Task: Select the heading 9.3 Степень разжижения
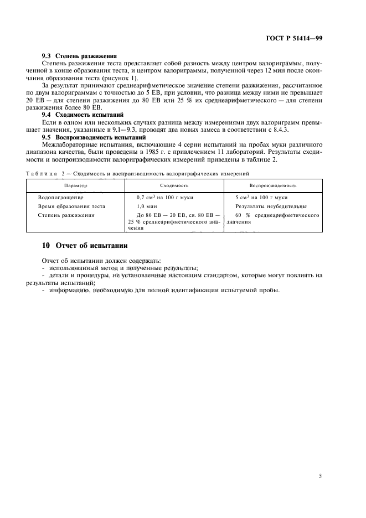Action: coord(79,56)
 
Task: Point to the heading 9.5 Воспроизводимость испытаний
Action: coord(94,136)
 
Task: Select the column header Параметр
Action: coord(75,186)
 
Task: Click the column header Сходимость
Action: coord(174,186)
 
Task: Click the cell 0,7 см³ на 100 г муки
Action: coord(164,198)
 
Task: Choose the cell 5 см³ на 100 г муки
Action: coord(261,198)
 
